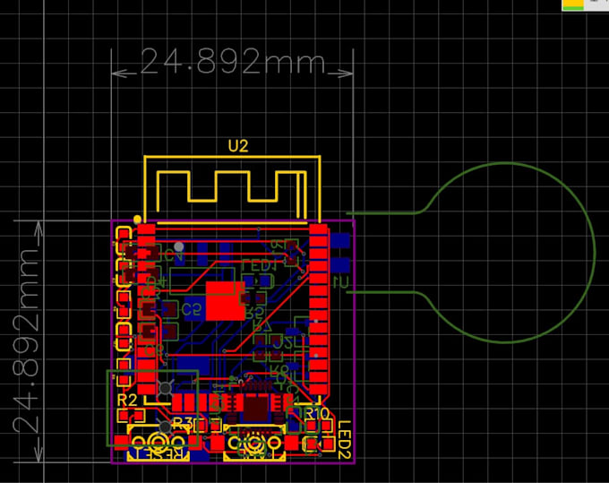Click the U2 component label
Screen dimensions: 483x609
(237, 146)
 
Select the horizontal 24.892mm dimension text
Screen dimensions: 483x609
(233, 63)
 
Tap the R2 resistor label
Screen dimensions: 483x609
(127, 400)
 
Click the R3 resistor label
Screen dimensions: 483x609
(183, 422)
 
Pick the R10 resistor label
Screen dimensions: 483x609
(317, 413)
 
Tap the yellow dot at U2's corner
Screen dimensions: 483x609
(137, 220)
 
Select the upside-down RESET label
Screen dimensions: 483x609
(159, 454)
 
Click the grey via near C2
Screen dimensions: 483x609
(179, 246)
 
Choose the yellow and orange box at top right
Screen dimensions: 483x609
(572, 5)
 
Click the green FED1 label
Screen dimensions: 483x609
(260, 265)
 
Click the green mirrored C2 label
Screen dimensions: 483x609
(191, 309)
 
